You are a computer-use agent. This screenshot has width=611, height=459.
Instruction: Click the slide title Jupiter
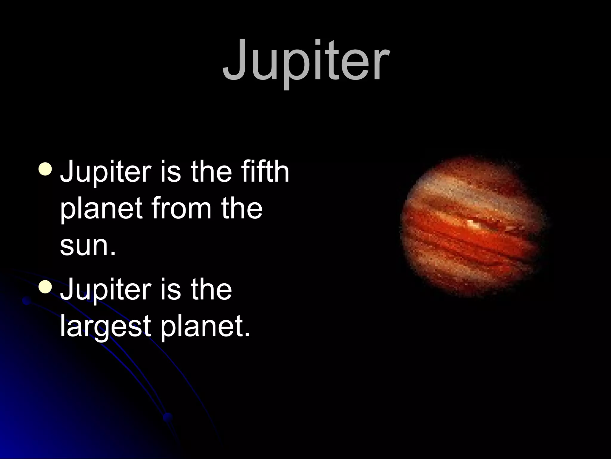pyautogui.click(x=306, y=61)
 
